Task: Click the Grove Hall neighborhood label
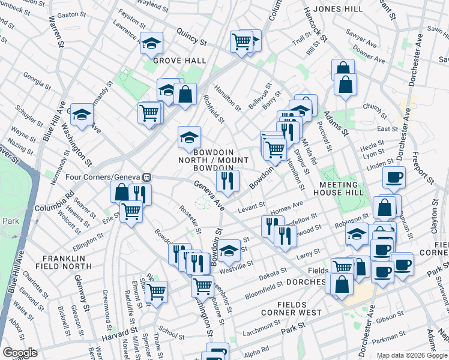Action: pos(179,61)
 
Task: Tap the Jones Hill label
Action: pos(337,10)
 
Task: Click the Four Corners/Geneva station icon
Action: pos(146,178)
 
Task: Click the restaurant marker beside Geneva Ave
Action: pos(227,181)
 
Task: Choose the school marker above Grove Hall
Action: pos(152,43)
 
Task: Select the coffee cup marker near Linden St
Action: pos(394,178)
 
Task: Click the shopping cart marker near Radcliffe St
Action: pos(157,293)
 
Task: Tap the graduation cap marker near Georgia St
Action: pos(82,115)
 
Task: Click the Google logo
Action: pos(20,353)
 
